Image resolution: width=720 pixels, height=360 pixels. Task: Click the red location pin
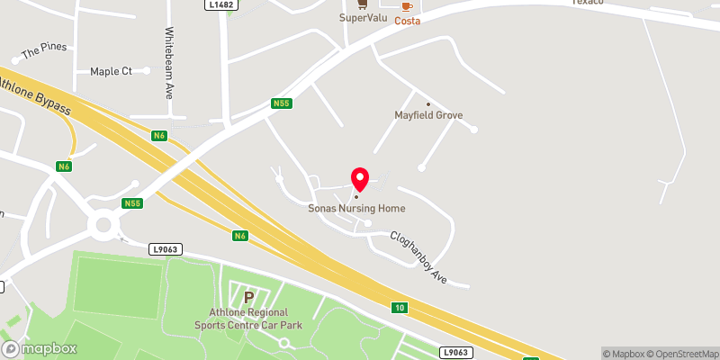coord(359,178)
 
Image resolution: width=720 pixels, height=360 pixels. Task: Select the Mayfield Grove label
coord(427,115)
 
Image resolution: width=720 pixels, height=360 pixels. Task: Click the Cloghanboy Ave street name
coord(418,258)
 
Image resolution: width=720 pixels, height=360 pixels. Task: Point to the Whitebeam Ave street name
coord(168,62)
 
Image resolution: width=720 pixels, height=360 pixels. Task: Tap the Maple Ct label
coord(111,71)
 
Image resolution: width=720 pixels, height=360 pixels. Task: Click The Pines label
coord(44,51)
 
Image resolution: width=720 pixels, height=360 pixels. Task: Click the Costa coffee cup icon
coord(408,4)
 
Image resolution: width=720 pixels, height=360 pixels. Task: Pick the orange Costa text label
coord(408,19)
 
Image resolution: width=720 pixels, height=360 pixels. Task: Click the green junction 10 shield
coord(399,308)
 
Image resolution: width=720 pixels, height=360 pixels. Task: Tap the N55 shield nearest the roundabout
coord(133,203)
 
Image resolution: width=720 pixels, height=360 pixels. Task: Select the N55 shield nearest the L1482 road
coord(282,104)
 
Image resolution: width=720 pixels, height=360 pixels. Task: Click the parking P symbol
coord(247,295)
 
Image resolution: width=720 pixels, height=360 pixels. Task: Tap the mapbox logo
coord(40,348)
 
